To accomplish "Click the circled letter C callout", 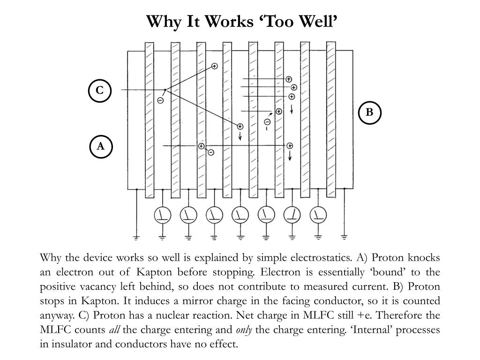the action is (x=99, y=90).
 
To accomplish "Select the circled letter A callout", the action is (x=101, y=147).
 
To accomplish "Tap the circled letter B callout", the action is (x=369, y=112).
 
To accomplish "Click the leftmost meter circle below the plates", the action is (x=163, y=215).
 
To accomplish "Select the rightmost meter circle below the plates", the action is (x=318, y=215).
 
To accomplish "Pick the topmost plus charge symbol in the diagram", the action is (x=215, y=66).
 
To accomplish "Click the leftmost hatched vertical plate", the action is (x=150, y=120).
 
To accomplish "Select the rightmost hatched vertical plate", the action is (x=331, y=120).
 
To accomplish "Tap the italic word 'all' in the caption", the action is (x=114, y=330).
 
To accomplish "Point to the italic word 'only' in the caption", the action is (x=244, y=330).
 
